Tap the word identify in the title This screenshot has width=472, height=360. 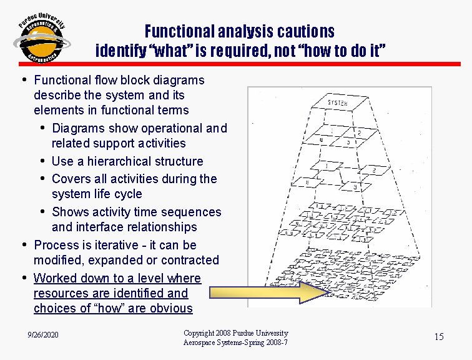pos(118,51)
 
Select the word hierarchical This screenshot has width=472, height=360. pos(125,161)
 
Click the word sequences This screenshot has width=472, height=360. pos(191,212)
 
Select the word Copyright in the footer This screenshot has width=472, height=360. pos(200,333)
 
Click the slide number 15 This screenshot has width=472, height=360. pos(439,337)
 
